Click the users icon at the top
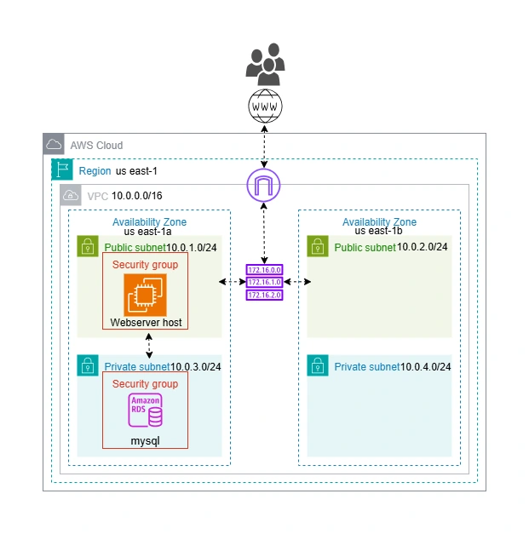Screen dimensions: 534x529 point(265,63)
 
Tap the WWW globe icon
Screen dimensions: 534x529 point(265,107)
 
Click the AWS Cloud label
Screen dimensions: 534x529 point(96,146)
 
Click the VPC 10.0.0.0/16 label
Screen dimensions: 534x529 point(124,196)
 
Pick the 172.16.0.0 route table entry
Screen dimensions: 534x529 point(264,269)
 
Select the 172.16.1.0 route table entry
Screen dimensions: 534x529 point(264,282)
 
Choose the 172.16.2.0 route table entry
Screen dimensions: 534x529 point(264,295)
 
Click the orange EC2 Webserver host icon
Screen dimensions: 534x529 point(145,295)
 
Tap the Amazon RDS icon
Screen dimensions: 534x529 point(145,411)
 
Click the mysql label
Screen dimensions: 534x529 point(145,441)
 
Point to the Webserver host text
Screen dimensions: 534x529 point(145,323)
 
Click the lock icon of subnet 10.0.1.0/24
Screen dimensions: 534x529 point(87,246)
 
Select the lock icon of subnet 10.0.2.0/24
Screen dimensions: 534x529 point(317,246)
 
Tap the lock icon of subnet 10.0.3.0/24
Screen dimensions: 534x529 point(87,365)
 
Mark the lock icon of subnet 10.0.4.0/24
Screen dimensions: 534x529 point(317,365)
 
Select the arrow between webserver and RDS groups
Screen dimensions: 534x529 point(150,346)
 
